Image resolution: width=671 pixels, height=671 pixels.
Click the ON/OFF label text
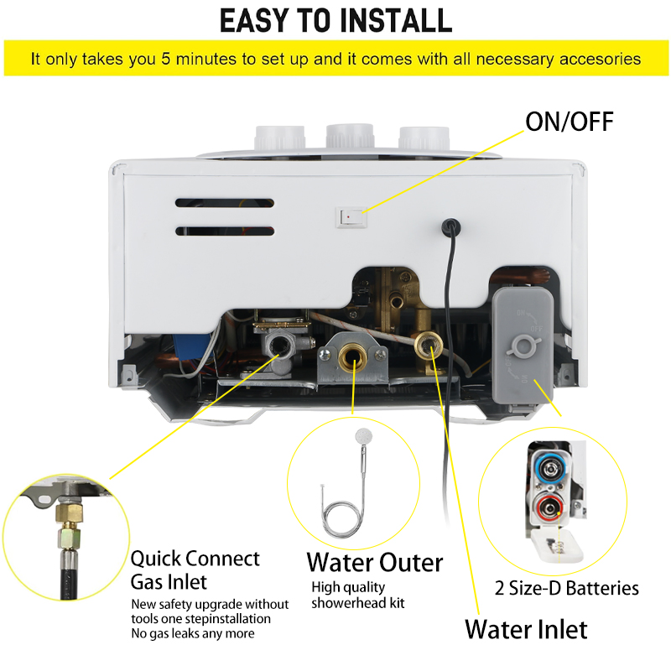pos(570,122)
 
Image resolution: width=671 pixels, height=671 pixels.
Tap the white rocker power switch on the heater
pos(351,217)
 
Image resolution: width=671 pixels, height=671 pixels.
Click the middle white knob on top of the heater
pos(350,136)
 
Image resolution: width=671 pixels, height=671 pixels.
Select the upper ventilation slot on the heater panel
pos(225,203)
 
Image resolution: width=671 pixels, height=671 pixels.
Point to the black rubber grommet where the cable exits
pos(451,226)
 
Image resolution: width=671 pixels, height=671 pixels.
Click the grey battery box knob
pos(523,346)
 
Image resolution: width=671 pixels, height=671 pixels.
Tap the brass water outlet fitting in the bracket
pos(352,358)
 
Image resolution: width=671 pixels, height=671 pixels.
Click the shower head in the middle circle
pos(364,436)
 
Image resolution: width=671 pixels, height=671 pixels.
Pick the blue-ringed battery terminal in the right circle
pos(550,469)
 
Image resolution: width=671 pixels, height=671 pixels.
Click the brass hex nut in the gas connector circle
pos(69,513)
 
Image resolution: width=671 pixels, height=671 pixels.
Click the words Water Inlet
pos(526,629)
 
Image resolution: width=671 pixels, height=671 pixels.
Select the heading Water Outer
pos(375,562)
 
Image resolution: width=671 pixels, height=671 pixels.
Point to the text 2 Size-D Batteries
pos(567,588)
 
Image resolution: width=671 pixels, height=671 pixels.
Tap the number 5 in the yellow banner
pos(166,59)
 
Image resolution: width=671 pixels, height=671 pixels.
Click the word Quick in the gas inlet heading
pos(156,559)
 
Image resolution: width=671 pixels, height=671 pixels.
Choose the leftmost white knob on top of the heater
pos(280,138)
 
